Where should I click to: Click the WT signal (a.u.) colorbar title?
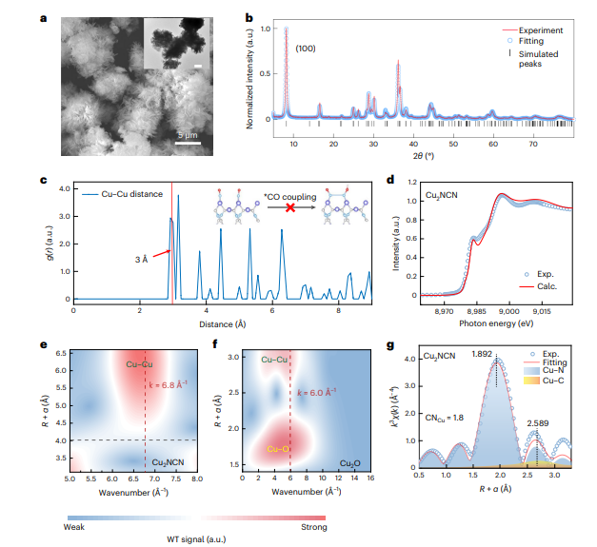coord(195,540)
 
